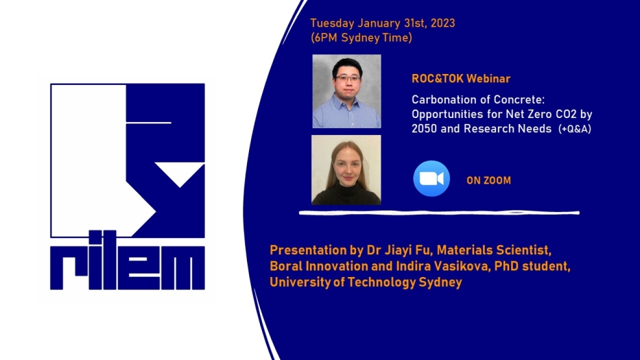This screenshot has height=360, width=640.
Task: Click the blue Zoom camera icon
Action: [x=431, y=178]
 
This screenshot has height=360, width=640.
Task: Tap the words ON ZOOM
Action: [x=488, y=180]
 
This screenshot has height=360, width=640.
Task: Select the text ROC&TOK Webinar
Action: [x=461, y=78]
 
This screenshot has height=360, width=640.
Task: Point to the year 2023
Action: [x=442, y=23]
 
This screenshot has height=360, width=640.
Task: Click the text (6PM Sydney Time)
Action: [x=362, y=38]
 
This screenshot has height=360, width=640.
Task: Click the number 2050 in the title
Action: [x=424, y=129]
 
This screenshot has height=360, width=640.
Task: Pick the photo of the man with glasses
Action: [x=346, y=91]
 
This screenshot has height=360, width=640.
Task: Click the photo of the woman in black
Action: [x=346, y=170]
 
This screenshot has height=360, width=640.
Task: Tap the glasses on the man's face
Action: [x=348, y=78]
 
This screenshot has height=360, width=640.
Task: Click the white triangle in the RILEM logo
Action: [x=180, y=174]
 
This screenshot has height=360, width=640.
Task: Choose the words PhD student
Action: [x=532, y=266]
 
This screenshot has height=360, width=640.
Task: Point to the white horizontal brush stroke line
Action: [x=439, y=213]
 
